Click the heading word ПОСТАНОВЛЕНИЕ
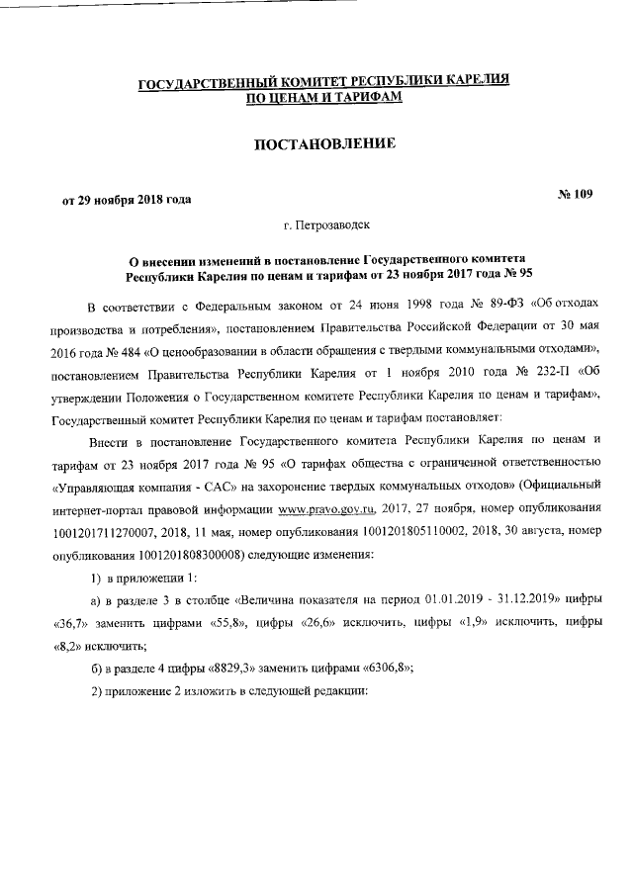(x=325, y=144)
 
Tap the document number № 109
(x=575, y=194)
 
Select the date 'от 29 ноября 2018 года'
(x=127, y=199)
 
